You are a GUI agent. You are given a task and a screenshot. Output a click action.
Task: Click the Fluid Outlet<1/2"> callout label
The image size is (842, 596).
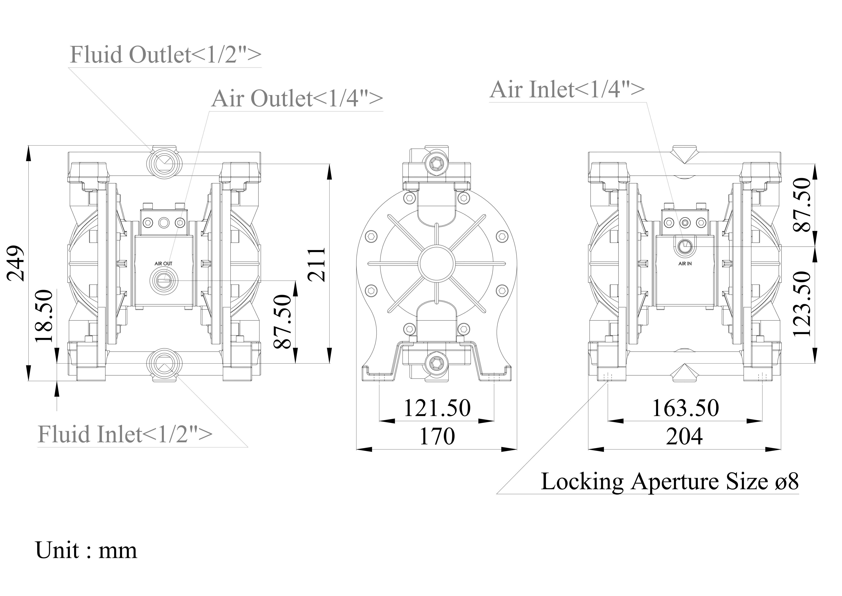[x=165, y=55]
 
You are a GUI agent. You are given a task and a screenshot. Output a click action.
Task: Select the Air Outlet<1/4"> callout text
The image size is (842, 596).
[x=297, y=98]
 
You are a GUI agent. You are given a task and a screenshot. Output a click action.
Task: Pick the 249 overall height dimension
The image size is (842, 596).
[x=16, y=263]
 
